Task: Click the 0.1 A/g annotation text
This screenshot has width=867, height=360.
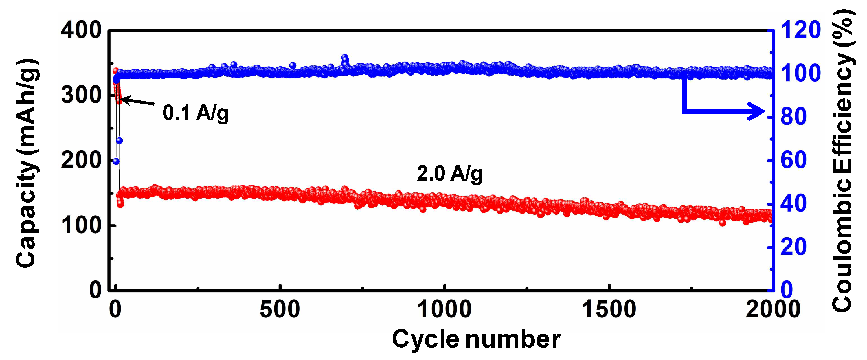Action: pyautogui.click(x=196, y=113)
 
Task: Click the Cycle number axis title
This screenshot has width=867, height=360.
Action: pyautogui.click(x=476, y=339)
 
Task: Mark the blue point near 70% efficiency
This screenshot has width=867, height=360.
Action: pyautogui.click(x=119, y=140)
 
